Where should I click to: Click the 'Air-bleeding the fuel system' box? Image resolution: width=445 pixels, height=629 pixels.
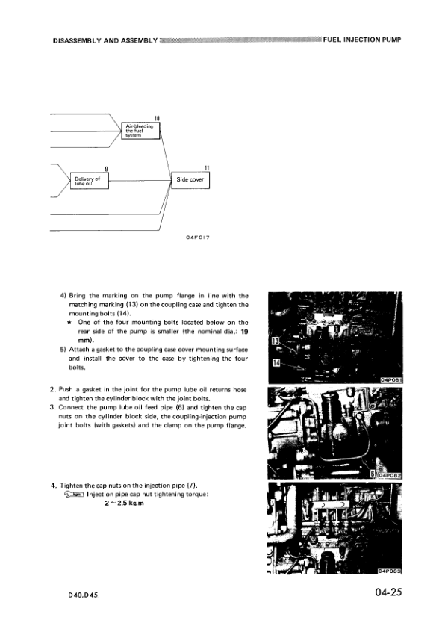tap(140, 131)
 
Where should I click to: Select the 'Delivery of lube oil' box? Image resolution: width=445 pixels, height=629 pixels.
tap(87, 180)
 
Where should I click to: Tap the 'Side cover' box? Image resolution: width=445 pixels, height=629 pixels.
tap(190, 180)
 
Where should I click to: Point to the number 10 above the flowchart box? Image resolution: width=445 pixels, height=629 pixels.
tap(157, 118)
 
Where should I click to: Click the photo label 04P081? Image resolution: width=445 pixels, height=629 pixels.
tap(391, 379)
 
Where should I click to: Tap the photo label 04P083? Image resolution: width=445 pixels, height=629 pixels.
tap(391, 570)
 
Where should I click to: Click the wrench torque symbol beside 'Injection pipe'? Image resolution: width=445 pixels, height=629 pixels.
tap(75, 494)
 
